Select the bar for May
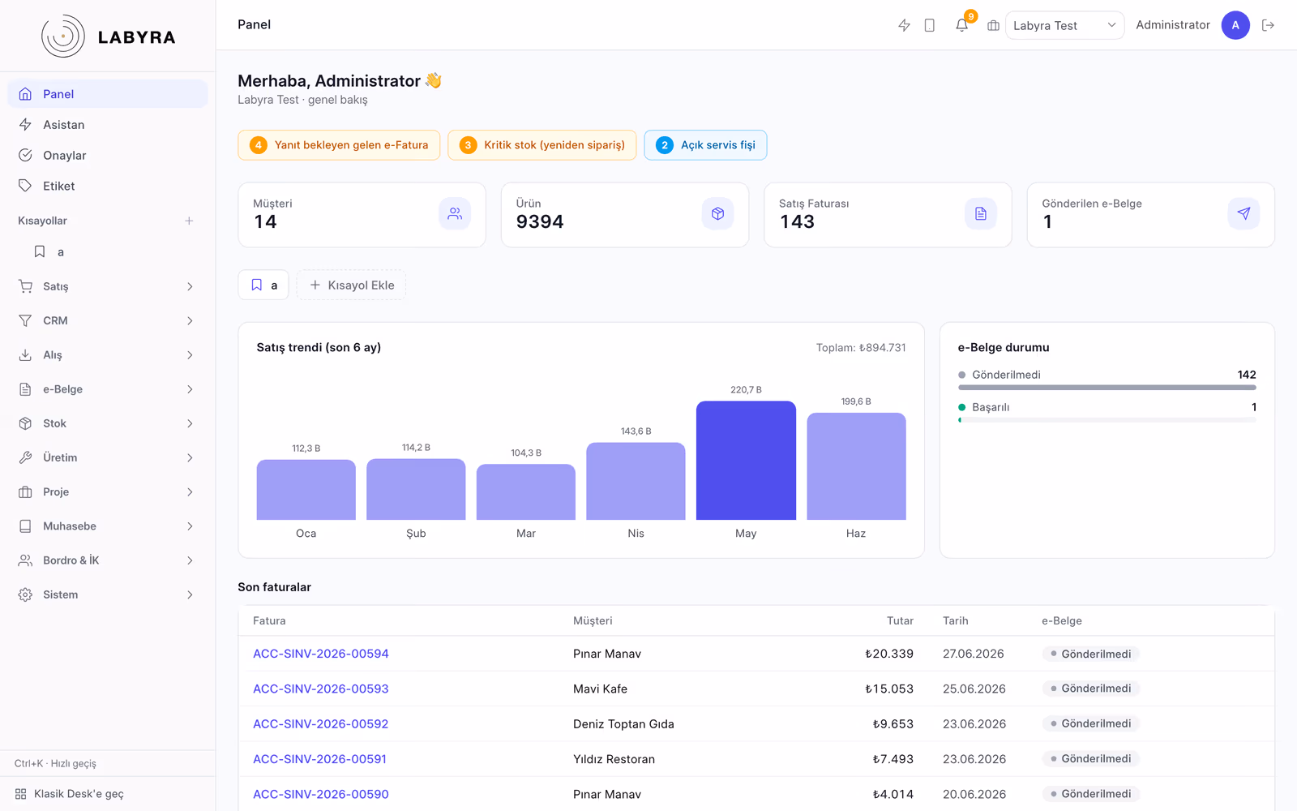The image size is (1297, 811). [746, 460]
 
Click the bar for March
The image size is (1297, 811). [526, 491]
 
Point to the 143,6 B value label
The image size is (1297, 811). [636, 431]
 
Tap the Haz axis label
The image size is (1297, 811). [856, 533]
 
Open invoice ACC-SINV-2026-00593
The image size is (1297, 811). [321, 689]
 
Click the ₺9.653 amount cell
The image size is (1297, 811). [892, 723]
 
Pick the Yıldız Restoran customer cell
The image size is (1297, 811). [614, 759]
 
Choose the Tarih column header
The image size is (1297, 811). [956, 620]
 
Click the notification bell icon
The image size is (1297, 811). [961, 25]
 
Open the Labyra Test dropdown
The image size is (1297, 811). [1065, 25]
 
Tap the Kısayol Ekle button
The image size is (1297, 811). [352, 285]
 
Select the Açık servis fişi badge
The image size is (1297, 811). [705, 145]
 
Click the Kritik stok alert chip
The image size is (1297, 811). [542, 145]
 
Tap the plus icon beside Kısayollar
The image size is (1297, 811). [189, 221]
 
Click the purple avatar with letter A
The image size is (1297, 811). [1235, 25]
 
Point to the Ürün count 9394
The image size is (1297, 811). [540, 221]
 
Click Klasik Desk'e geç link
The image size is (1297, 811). [79, 794]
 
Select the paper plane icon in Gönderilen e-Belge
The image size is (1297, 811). [1243, 214]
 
